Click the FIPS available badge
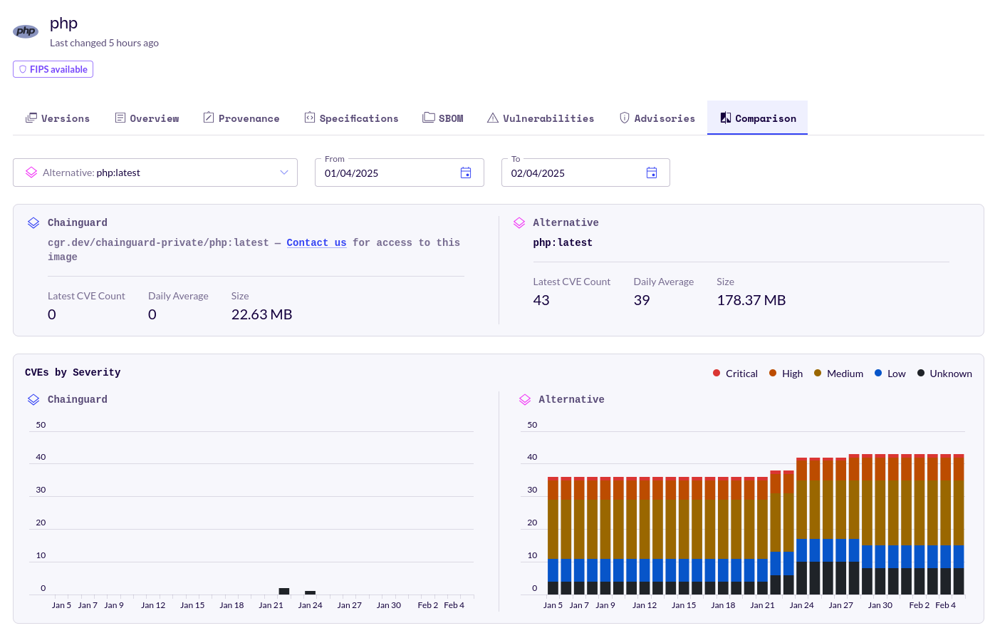[x=53, y=69]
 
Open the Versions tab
[x=58, y=118]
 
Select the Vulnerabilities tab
[x=541, y=118]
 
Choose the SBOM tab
[x=443, y=118]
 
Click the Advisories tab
[x=657, y=118]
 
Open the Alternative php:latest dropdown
[x=155, y=173]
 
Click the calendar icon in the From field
[x=466, y=173]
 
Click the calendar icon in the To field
[x=652, y=173]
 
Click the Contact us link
[x=316, y=242]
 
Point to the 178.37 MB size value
[x=751, y=300]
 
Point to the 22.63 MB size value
[x=261, y=314]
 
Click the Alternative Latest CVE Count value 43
[x=541, y=300]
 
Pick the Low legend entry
[x=890, y=374]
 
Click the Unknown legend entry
[x=944, y=374]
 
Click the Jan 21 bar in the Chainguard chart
[x=284, y=591]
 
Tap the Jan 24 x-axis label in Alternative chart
[x=801, y=605]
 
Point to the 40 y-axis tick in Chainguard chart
[x=41, y=457]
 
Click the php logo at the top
[x=26, y=31]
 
